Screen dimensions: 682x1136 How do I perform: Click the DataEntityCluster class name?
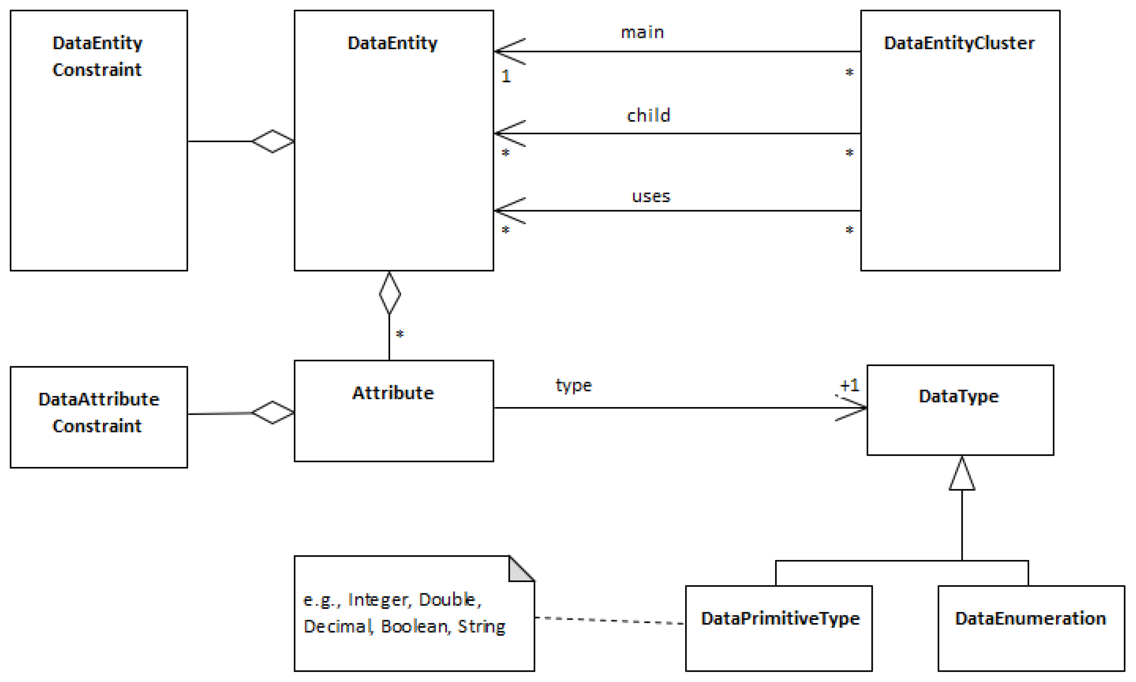tap(959, 43)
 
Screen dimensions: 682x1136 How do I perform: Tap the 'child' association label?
tap(648, 115)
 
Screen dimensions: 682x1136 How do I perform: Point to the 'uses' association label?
tap(651, 197)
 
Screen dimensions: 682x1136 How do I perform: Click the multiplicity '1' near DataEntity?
tap(506, 76)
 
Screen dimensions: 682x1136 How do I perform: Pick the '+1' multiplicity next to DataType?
tap(849, 385)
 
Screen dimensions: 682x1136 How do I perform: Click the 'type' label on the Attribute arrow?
tap(574, 385)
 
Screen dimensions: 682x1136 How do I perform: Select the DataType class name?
tap(959, 396)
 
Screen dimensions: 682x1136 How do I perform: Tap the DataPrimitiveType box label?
tap(780, 619)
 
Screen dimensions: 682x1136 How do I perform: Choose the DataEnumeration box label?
tap(1030, 619)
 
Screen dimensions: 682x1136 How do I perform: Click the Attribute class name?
tap(393, 393)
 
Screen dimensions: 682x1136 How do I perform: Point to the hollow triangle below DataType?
tap(962, 475)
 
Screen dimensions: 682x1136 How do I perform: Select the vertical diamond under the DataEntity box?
tap(389, 293)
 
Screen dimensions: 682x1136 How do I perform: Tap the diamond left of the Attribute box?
tap(273, 412)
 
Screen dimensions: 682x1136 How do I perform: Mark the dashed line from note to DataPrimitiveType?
tap(609, 620)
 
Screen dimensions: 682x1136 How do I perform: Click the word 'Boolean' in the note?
tap(414, 626)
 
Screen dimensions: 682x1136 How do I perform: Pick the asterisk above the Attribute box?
tap(400, 334)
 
